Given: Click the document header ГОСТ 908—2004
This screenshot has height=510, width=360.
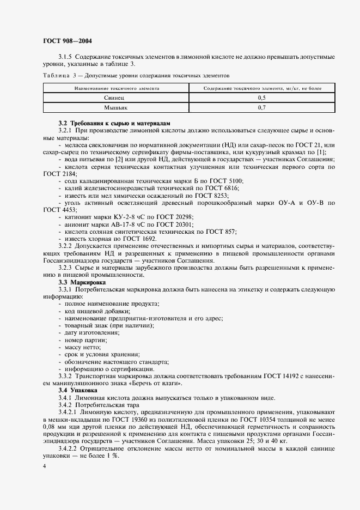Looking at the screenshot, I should point(63,41).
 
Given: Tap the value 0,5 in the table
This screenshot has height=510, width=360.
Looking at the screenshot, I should point(261,98).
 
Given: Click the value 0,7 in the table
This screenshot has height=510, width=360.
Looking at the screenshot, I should point(261,108).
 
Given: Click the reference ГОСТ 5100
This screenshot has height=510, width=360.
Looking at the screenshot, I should point(225,180).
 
